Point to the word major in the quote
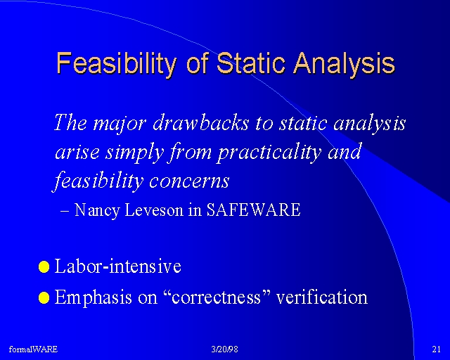coord(120,124)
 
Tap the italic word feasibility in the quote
coord(98,181)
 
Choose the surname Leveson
coord(154,210)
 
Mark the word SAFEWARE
coord(253,210)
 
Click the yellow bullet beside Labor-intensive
coord(44,267)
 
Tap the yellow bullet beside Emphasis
coord(44,297)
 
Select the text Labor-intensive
coord(117,266)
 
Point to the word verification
coord(321,297)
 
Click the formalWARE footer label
coord(33,349)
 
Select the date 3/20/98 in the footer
coord(225,349)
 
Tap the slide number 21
coord(436,349)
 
